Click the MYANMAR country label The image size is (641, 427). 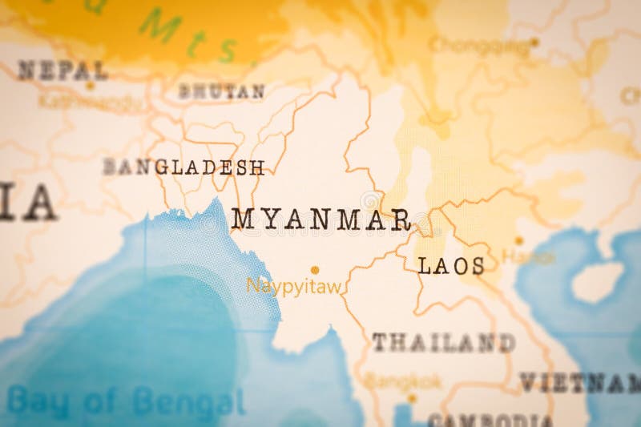(x=321, y=219)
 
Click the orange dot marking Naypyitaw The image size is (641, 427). (x=315, y=270)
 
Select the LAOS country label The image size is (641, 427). (x=451, y=266)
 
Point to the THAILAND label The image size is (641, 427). (x=443, y=343)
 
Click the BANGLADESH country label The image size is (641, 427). (x=183, y=167)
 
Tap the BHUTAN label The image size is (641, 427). (x=221, y=91)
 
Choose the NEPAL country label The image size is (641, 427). (x=62, y=70)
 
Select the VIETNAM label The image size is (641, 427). (x=580, y=383)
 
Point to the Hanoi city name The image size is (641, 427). (x=528, y=257)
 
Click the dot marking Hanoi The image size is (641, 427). (x=519, y=240)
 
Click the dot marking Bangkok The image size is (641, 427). (x=412, y=397)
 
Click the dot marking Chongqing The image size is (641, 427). (x=534, y=42)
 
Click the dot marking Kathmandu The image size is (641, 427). (x=90, y=86)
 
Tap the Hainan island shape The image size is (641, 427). (x=598, y=281)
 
